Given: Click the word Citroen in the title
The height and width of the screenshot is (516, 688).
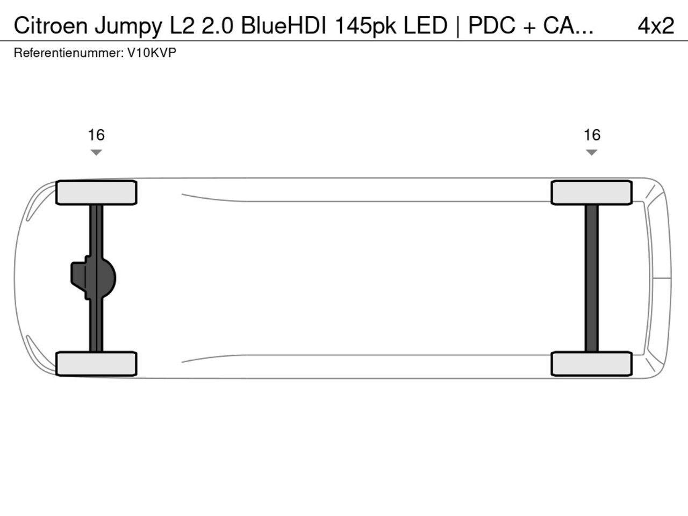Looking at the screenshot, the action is (51, 25).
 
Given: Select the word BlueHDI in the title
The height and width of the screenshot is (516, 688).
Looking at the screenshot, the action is (284, 25).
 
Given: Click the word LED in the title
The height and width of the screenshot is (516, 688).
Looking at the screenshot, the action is (425, 25).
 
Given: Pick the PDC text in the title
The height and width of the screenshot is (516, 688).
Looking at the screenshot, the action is (492, 25).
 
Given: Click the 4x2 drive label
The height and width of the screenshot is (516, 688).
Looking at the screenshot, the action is (656, 25).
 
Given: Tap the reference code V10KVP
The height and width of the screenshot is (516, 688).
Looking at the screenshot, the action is (152, 53).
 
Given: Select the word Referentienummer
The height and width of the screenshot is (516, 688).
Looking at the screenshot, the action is (69, 53).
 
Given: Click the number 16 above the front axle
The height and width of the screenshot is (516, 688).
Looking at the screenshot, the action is (96, 135).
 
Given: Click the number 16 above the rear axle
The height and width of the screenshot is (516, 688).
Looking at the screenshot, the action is (592, 135).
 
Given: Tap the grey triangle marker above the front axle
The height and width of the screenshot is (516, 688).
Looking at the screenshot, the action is (96, 152).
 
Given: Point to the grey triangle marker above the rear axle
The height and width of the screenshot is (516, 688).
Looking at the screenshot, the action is (591, 152).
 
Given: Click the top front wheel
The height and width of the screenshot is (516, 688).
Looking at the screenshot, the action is (96, 192).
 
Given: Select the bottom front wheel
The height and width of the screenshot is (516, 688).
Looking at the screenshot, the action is (96, 364).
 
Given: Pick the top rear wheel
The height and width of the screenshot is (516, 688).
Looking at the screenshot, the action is (592, 192).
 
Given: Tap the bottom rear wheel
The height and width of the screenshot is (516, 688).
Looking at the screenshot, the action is (592, 364).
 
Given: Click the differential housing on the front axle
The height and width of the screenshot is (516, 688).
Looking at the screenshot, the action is (94, 278).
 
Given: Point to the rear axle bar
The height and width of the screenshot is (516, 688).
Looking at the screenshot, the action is (591, 278).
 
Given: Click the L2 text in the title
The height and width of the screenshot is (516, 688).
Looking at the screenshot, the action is (182, 25).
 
